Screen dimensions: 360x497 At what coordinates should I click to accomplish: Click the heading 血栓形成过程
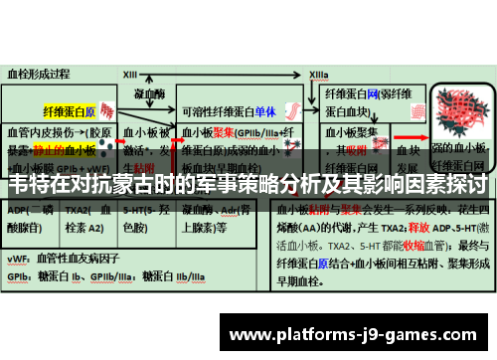40,74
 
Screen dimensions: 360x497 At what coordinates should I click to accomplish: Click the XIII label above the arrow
130,74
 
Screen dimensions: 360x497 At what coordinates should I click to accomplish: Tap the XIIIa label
317,74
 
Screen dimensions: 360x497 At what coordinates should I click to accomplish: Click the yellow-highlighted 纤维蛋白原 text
70,111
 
